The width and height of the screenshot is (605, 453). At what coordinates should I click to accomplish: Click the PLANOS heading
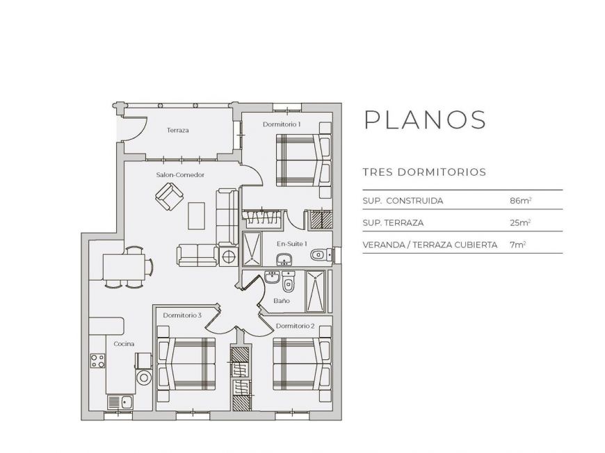click(x=425, y=120)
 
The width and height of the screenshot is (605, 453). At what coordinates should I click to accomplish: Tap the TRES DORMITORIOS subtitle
click(x=424, y=172)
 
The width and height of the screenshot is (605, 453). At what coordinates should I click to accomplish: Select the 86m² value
click(x=520, y=201)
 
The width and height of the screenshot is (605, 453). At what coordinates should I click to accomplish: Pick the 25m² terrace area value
click(x=520, y=223)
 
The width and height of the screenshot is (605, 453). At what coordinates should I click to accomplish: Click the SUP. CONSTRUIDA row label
click(x=403, y=201)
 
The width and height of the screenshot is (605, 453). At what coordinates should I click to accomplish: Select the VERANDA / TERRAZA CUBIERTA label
click(x=430, y=245)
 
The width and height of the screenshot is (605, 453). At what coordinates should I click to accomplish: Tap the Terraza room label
click(x=178, y=131)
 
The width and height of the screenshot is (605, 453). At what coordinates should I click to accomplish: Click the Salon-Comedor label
click(x=180, y=175)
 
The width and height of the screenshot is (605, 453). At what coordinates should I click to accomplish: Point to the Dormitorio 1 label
click(x=282, y=124)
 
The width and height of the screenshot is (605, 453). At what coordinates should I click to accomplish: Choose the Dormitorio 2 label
click(x=295, y=326)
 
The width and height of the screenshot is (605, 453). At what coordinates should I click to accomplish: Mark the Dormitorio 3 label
click(x=182, y=315)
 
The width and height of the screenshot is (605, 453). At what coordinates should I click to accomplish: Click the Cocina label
click(x=124, y=344)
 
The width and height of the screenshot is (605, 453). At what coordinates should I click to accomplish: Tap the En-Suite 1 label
click(x=291, y=244)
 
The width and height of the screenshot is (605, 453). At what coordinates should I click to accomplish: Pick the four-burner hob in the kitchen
click(x=98, y=361)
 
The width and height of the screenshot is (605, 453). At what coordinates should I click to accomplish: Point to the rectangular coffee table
click(x=197, y=215)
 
